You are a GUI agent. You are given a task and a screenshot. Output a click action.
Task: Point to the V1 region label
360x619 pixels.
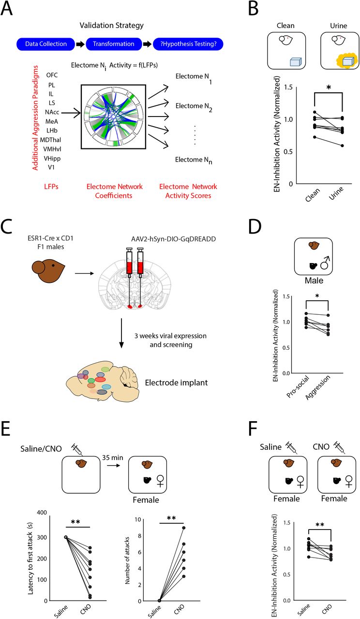click(x=51, y=167)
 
